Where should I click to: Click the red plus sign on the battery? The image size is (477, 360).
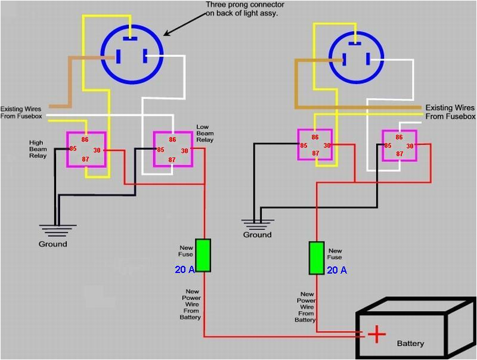click(376, 334)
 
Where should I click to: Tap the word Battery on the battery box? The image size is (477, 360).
click(410, 343)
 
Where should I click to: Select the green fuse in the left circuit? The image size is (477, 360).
click(203, 255)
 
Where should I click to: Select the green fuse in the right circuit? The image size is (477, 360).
click(317, 258)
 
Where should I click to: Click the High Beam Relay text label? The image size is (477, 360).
click(38, 149)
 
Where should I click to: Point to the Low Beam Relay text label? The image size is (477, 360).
click(205, 134)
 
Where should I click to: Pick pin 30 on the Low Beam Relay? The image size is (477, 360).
click(184, 151)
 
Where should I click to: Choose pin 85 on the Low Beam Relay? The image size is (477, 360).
click(160, 150)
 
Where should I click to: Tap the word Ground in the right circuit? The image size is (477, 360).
click(257, 235)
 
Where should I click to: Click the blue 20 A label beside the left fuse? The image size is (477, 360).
click(184, 269)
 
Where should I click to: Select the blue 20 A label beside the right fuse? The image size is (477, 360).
click(336, 270)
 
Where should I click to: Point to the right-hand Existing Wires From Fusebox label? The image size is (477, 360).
click(450, 112)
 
